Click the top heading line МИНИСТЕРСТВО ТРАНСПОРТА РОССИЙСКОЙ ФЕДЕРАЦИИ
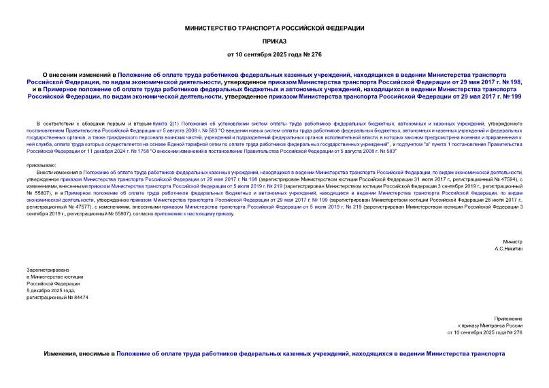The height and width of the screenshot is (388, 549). point(275,28)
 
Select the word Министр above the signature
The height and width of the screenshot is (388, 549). point(512,242)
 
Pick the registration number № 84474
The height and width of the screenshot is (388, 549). point(76,298)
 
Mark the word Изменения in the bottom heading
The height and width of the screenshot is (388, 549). point(64,354)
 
